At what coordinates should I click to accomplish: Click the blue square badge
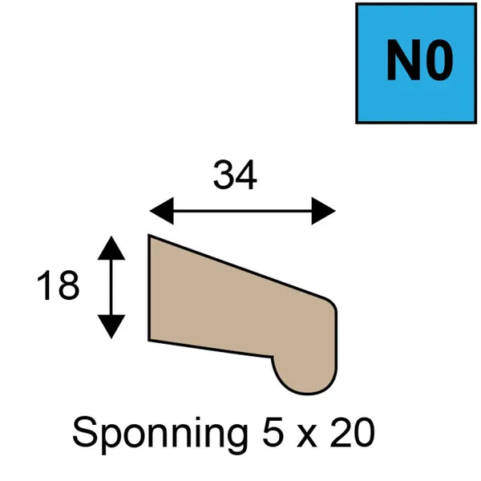(x=416, y=63)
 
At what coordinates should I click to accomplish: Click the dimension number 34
(x=235, y=174)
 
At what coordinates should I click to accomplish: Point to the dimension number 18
(x=59, y=285)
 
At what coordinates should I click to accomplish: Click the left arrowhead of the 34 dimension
(x=162, y=211)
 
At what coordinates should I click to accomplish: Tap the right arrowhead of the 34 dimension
(x=324, y=211)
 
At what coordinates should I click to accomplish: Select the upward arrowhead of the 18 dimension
(x=111, y=248)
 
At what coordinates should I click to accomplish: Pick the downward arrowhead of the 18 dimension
(x=111, y=327)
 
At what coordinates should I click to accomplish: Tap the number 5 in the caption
(x=273, y=432)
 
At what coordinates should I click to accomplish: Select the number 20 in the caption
(x=352, y=432)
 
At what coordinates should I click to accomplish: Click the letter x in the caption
(x=306, y=435)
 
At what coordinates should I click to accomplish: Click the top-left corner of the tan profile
(x=149, y=235)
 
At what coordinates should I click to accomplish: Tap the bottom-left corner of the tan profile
(x=149, y=340)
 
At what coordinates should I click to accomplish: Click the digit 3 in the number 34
(x=224, y=174)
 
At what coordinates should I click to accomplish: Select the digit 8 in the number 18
(x=69, y=285)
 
